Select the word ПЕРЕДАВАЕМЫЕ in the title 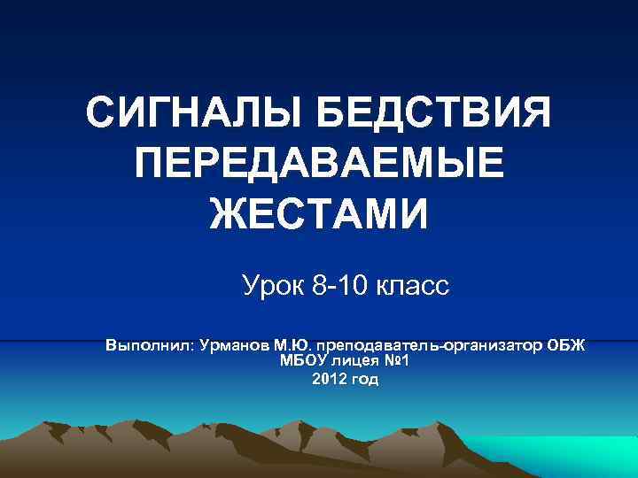(319, 166)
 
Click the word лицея (360, 360)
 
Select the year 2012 (330, 379)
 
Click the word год (365, 379)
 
